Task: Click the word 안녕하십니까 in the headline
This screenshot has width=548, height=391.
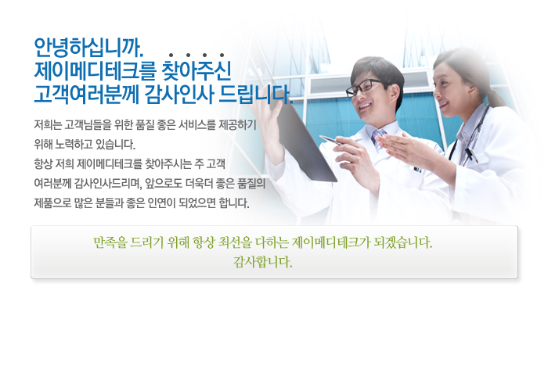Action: pos(88,48)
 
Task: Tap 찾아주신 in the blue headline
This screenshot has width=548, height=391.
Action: pos(196,70)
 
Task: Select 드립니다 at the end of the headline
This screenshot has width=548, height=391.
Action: pos(256,94)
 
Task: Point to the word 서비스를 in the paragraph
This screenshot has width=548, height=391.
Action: pos(196,124)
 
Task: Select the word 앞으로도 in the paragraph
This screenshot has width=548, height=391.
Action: pos(164,183)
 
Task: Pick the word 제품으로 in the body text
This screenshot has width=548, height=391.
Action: pos(52,203)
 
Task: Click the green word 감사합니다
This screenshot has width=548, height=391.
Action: pos(263,262)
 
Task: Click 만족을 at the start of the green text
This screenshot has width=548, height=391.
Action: pos(110,242)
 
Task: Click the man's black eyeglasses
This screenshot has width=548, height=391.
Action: pos(363,87)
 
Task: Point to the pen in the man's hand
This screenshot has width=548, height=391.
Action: pos(330,140)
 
